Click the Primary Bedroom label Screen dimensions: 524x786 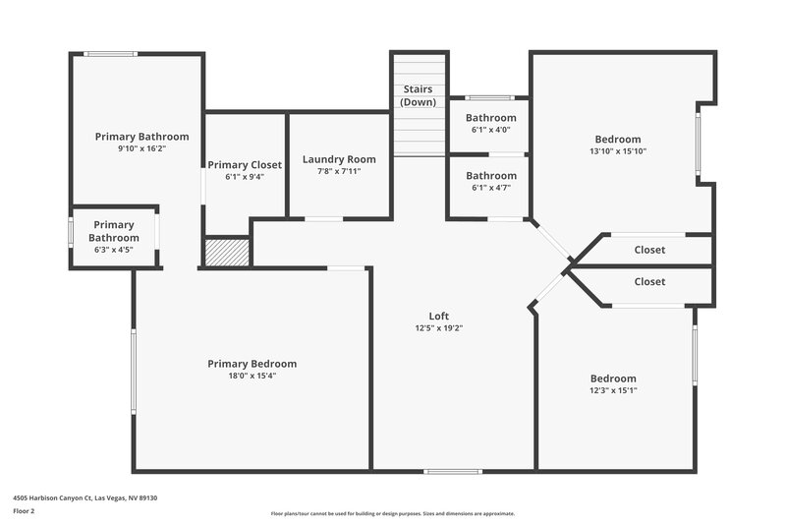tap(252, 364)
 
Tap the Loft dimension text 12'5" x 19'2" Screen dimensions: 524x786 tap(438, 328)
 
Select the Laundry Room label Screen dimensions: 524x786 tap(339, 159)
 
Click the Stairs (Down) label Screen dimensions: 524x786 tap(419, 95)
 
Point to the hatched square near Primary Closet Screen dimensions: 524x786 tap(226, 252)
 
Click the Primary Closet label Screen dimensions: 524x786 tap(245, 164)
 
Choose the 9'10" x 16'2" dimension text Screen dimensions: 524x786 tap(141, 149)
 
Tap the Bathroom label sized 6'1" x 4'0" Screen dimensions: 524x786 tap(490, 118)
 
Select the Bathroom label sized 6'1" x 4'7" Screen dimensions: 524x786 tap(490, 176)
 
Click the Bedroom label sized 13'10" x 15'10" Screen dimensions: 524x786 tap(617, 139)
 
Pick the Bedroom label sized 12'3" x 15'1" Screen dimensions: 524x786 tap(613, 378)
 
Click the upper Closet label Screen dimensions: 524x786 tap(649, 250)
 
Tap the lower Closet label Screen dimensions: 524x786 tap(649, 281)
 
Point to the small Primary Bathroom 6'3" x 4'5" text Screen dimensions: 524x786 tap(114, 250)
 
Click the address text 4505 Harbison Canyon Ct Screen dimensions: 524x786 tap(84, 498)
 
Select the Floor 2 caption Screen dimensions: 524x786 tap(24, 511)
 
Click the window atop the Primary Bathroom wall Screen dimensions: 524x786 tap(103, 54)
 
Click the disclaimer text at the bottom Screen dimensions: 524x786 tap(392, 513)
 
